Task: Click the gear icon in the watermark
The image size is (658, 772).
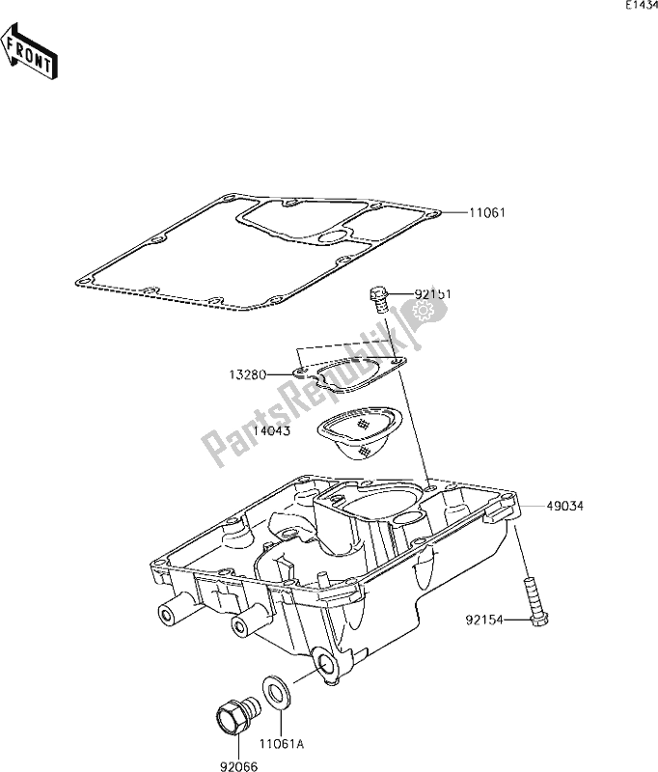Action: coord(421,312)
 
